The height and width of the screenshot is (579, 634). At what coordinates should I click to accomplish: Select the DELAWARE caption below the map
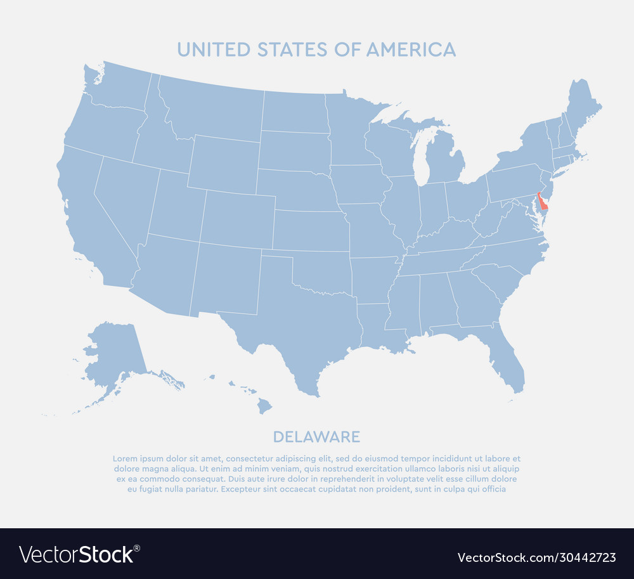click(x=316, y=436)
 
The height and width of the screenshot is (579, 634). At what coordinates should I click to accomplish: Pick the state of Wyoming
click(x=224, y=164)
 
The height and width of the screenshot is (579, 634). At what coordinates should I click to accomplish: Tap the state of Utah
click(x=176, y=206)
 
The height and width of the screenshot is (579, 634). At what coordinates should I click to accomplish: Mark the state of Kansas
click(x=311, y=230)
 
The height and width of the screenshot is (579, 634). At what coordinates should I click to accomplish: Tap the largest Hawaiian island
click(x=264, y=405)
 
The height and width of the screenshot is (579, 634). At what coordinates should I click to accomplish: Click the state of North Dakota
click(x=295, y=112)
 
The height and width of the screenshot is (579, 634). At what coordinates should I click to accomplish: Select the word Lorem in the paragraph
click(x=125, y=459)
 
